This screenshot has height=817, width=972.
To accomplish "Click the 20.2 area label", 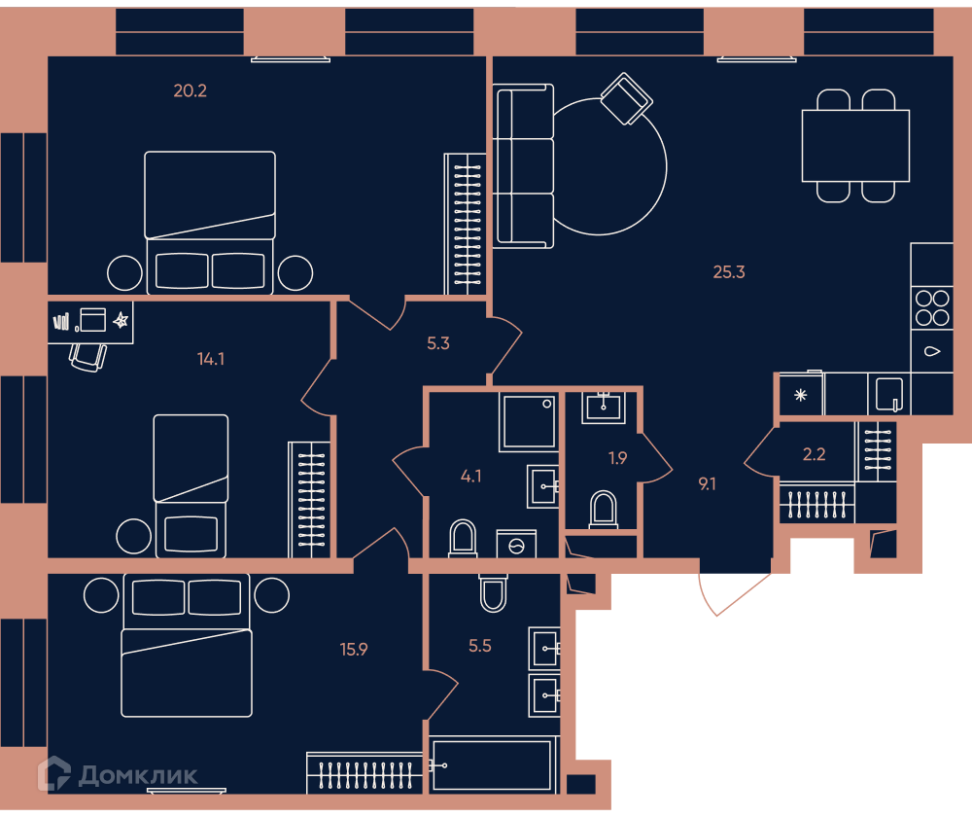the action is [190, 91].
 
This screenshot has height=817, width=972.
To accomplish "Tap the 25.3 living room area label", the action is [729, 272].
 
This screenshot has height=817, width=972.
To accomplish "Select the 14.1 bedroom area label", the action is [211, 359].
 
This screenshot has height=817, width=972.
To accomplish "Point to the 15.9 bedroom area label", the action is [354, 650].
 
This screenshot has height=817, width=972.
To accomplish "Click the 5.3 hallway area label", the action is [438, 343].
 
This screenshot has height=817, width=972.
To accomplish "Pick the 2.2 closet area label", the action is [814, 455].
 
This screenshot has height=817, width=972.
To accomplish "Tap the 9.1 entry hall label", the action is [708, 484].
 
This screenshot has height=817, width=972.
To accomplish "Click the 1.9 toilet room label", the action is [617, 458].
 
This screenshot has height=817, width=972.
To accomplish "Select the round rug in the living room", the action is [667, 167].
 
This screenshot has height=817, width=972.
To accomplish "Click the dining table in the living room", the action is [855, 146].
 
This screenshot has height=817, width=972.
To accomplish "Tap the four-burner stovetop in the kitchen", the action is [932, 308].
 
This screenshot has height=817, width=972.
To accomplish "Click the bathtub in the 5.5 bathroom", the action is [492, 765].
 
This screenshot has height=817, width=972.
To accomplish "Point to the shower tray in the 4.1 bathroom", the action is [529, 421].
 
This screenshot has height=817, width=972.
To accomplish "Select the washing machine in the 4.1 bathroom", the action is [516, 544].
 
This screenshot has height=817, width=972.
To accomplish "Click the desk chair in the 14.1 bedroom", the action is [87, 358].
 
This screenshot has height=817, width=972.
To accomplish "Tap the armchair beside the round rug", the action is [626, 98].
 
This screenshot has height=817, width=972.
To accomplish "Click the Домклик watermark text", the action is [138, 775].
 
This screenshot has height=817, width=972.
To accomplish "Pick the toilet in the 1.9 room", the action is [603, 510].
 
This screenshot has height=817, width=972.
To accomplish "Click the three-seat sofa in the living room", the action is [523, 166].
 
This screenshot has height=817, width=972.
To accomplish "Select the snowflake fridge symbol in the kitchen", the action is [800, 395].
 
